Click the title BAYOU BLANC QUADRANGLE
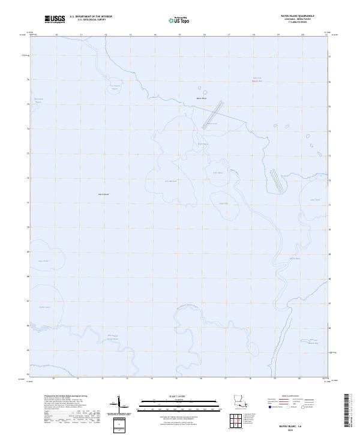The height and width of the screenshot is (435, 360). pos(297,17)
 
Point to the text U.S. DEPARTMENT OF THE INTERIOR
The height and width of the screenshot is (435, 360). pos(91,17)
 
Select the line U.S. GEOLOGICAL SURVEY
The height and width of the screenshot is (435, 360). pos(91,20)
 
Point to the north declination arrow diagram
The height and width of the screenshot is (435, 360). pos(118,405)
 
